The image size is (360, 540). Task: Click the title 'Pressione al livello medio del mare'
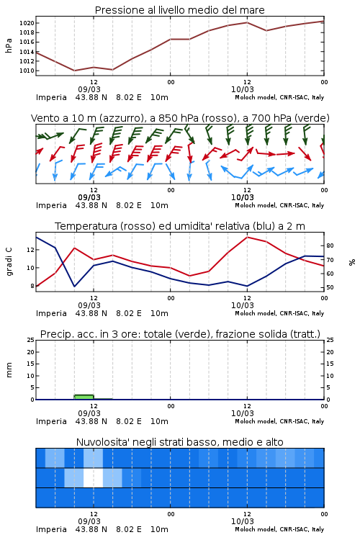(x=179, y=10)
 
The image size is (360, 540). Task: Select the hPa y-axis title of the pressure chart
(x=9, y=45)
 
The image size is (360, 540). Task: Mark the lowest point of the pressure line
(x=74, y=71)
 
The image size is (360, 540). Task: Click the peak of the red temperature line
(x=247, y=237)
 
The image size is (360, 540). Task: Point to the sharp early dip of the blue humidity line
(x=74, y=286)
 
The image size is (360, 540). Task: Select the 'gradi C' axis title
(x=9, y=261)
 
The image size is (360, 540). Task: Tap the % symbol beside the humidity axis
(x=352, y=262)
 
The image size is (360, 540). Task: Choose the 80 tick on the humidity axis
(x=330, y=246)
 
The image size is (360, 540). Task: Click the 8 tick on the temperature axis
(x=32, y=286)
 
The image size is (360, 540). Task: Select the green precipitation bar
(x=84, y=397)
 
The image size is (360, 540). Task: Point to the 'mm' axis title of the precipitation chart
(x=9, y=370)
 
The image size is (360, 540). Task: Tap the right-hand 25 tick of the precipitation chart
(x=330, y=340)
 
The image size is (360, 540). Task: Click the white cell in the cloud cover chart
(x=93, y=477)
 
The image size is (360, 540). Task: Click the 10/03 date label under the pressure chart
(x=242, y=89)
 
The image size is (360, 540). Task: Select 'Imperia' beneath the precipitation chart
(x=51, y=421)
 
